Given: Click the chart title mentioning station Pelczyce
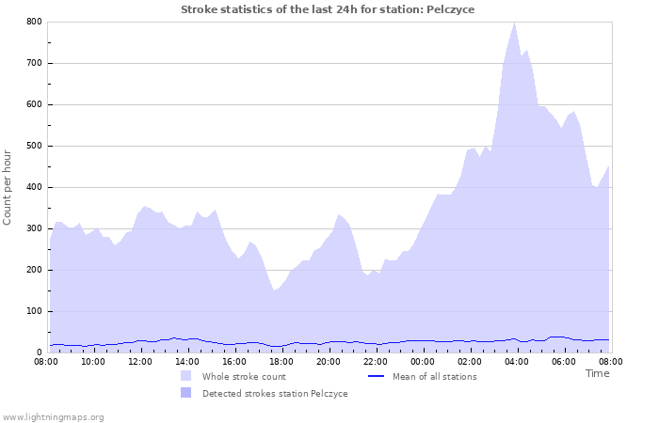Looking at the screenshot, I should (328, 9).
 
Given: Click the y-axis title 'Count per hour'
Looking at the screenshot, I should (8, 186).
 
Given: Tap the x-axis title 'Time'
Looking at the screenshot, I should (597, 373).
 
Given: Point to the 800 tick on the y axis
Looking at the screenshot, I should (34, 22).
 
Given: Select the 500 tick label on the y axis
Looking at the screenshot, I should (34, 146).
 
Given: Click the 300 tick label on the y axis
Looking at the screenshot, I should (34, 228).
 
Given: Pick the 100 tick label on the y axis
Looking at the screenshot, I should (34, 311).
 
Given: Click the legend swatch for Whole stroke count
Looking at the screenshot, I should (186, 377).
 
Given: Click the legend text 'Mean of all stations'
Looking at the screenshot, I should (434, 377).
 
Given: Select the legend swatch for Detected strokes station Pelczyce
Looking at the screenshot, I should (186, 394).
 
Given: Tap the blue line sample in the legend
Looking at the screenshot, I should (376, 377).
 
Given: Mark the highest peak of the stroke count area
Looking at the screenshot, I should (514, 23).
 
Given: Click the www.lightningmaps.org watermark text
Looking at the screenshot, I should (53, 416).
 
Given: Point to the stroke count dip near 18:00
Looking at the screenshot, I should (275, 290).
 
